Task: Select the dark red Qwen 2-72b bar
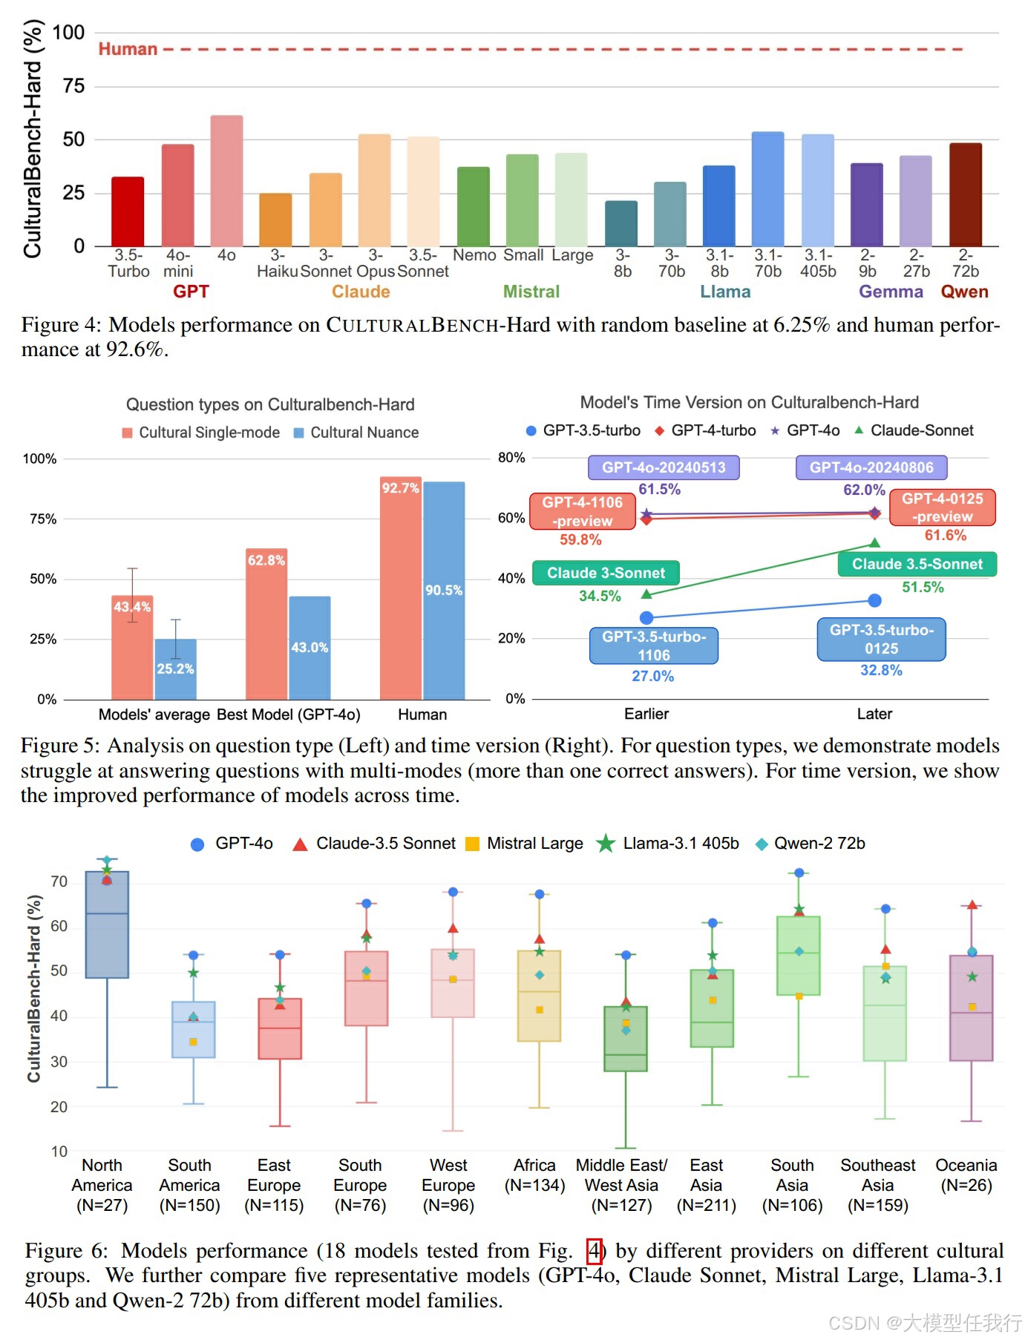pos(965,194)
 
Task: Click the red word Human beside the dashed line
pos(128,49)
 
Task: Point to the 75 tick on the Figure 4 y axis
pos(73,86)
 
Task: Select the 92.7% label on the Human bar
pos(400,487)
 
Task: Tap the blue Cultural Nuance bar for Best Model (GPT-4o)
pos(310,647)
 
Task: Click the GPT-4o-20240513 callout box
pos(664,467)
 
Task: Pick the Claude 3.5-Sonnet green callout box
pos(917,564)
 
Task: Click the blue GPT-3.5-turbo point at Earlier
pos(646,617)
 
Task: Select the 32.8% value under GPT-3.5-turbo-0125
pos(881,670)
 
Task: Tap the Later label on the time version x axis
pos(874,714)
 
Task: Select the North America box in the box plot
pos(107,924)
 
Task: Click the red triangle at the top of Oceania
pos(972,904)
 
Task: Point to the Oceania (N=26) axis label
pos(966,1175)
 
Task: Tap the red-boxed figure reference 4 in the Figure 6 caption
pos(594,1251)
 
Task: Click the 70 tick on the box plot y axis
pos(59,881)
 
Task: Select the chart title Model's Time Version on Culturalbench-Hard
pos(749,402)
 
